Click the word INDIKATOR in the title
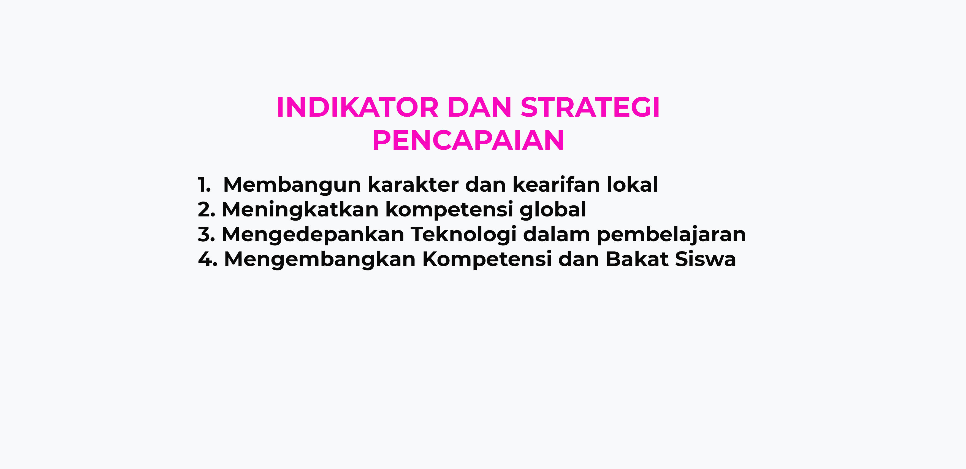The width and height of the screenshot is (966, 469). (x=357, y=108)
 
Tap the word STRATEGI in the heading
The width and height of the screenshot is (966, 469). (x=590, y=108)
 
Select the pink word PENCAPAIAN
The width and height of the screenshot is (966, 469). (x=468, y=140)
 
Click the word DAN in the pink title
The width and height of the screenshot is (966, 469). (x=480, y=108)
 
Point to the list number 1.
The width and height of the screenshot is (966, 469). (x=204, y=185)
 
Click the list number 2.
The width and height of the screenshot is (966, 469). (x=206, y=210)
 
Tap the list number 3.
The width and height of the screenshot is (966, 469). (x=206, y=234)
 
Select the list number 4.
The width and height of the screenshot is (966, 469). (x=208, y=259)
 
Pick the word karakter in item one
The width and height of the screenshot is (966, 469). (x=413, y=184)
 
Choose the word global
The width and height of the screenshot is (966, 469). (x=553, y=210)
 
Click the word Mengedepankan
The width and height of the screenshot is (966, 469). (x=313, y=235)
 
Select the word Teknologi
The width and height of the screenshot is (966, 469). (x=463, y=235)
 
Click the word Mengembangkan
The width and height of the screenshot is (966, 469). (x=319, y=259)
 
